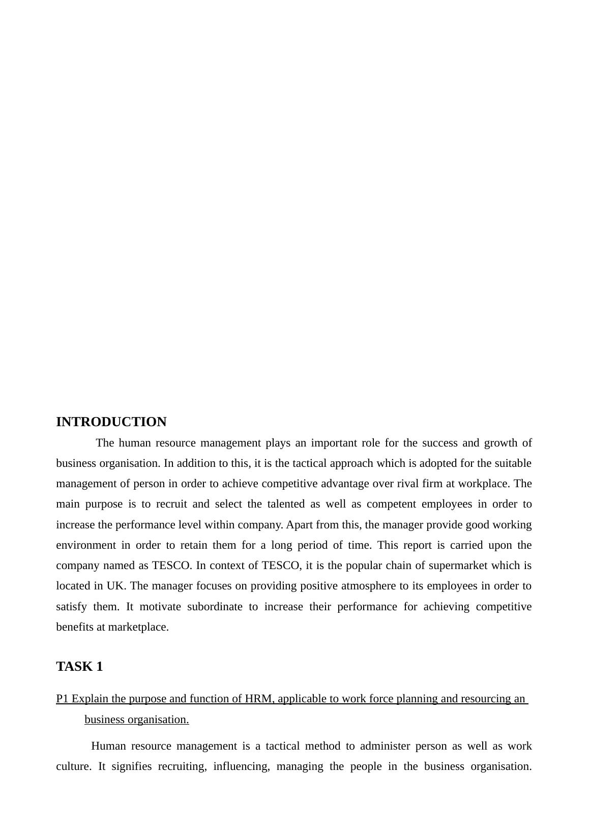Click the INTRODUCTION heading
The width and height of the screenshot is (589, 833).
tap(111, 422)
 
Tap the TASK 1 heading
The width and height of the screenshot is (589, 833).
tap(79, 667)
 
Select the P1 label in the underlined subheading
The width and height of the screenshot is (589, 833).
tap(63, 699)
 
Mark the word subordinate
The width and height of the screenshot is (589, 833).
tap(215, 607)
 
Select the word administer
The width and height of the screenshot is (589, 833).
tap(385, 746)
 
